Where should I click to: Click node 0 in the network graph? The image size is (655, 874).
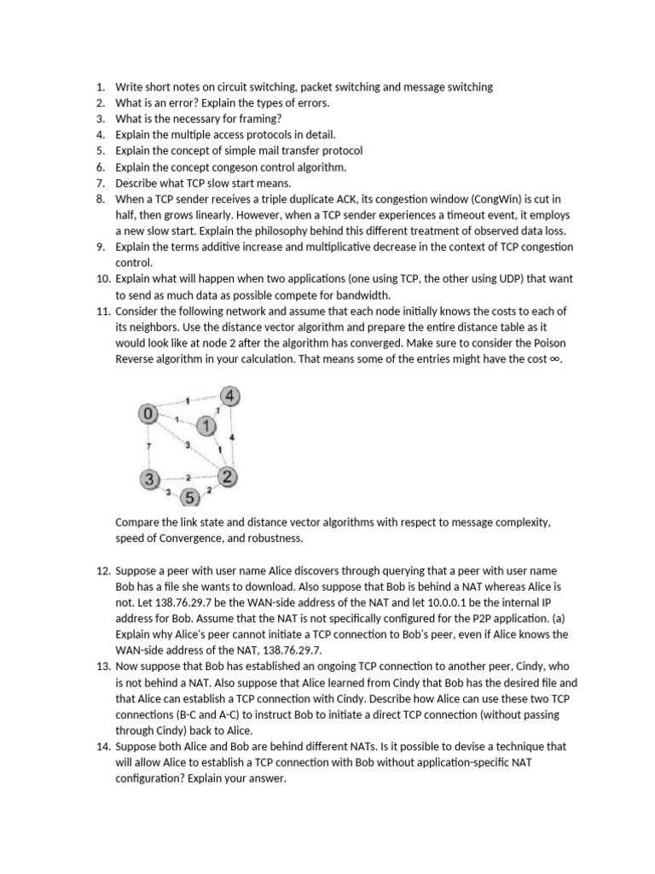[148, 414]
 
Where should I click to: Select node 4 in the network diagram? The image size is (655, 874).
[230, 396]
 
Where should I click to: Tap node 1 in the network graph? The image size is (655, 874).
[206, 425]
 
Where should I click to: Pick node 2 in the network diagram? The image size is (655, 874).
[227, 477]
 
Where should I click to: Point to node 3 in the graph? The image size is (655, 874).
[150, 479]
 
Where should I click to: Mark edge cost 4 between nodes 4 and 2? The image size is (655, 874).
[233, 438]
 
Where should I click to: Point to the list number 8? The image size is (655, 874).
[100, 200]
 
